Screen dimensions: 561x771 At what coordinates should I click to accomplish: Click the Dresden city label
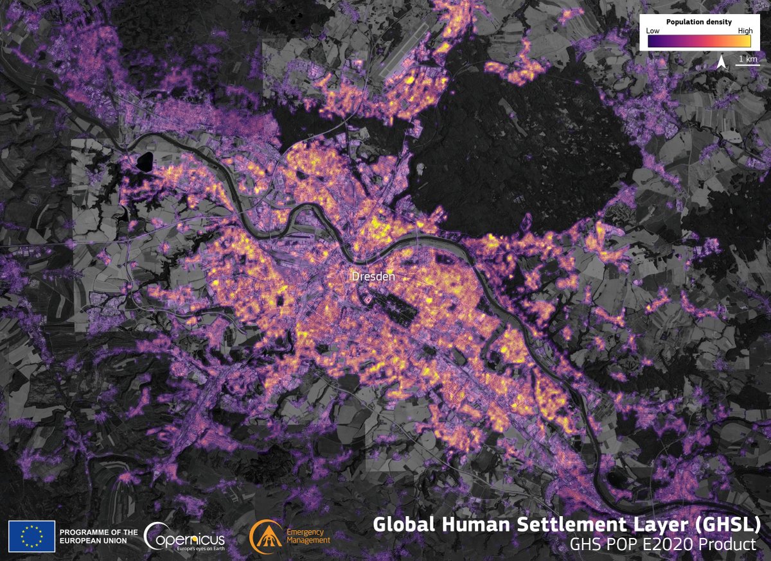373,277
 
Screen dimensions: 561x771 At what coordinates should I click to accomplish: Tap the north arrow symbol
722,62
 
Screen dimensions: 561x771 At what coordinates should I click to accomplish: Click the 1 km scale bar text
747,59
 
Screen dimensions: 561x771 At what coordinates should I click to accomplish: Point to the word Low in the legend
653,31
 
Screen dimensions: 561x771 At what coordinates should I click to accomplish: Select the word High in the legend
745,31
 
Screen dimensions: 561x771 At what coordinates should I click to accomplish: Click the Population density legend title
699,22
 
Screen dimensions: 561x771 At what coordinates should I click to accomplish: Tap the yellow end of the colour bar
745,40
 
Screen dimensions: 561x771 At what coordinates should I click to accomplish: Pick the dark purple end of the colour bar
652,40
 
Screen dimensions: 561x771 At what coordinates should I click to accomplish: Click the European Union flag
31,537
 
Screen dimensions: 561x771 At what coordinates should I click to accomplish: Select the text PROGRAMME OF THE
98,532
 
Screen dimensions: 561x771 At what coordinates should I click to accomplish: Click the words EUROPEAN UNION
93,541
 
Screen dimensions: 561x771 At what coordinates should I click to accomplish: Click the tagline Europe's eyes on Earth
190,549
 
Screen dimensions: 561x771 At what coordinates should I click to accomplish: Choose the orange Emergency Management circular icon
264,537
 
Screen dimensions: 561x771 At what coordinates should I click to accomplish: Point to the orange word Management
308,541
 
